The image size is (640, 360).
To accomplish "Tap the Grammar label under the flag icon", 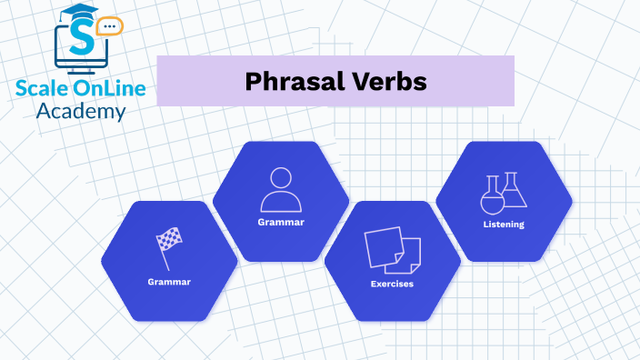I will [169, 282].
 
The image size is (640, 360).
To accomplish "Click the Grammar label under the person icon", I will [280, 222].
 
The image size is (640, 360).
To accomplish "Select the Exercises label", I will [392, 285].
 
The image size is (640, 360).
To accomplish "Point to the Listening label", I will [504, 225].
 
